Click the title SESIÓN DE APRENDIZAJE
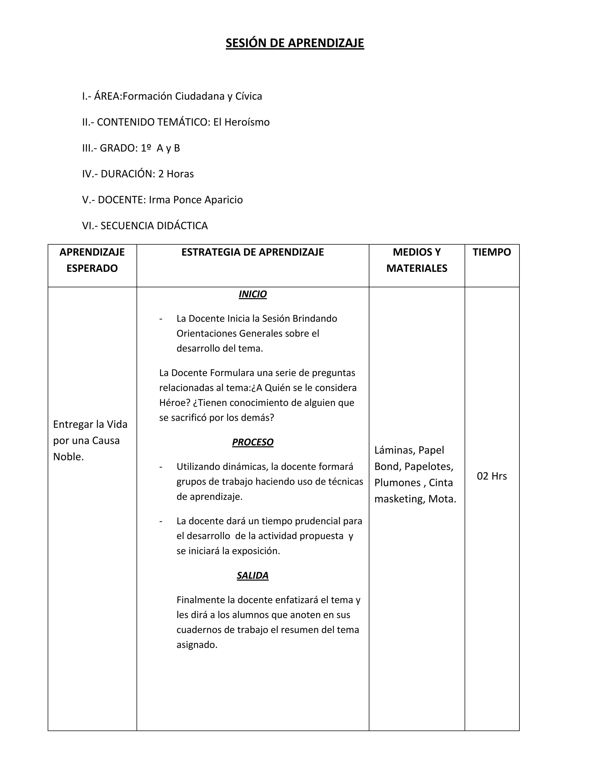pyautogui.click(x=295, y=43)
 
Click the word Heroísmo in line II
pyautogui.click(x=247, y=122)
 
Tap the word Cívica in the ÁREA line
pyautogui.click(x=249, y=96)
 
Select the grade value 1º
pyautogui.click(x=146, y=148)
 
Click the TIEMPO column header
pyautogui.click(x=491, y=252)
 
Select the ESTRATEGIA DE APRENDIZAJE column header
pyautogui.click(x=252, y=252)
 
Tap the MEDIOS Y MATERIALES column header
pyautogui.click(x=417, y=260)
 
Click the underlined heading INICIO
pyautogui.click(x=252, y=294)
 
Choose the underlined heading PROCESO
pyautogui.click(x=252, y=442)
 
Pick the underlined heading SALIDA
pyautogui.click(x=252, y=575)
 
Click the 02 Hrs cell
pyautogui.click(x=491, y=476)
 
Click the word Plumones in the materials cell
pyautogui.click(x=397, y=483)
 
